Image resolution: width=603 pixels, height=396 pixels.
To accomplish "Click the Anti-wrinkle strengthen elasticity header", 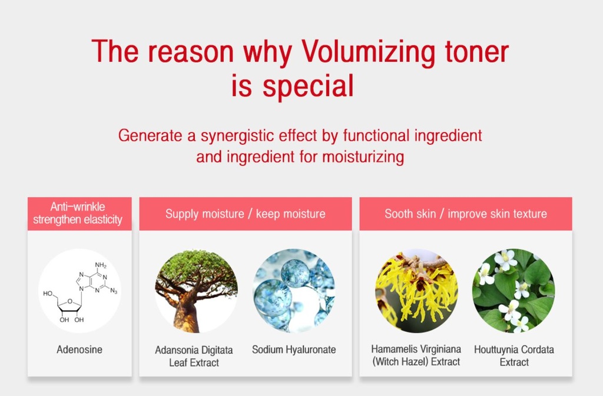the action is [78, 213].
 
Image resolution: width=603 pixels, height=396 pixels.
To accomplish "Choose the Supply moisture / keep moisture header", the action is [246, 214].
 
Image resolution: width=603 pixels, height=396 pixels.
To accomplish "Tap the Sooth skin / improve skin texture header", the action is [466, 214].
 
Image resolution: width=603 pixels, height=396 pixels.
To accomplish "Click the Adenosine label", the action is [79, 350].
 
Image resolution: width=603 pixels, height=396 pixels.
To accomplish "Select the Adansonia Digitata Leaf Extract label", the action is [194, 356].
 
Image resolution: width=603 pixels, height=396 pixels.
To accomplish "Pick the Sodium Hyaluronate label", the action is [294, 350].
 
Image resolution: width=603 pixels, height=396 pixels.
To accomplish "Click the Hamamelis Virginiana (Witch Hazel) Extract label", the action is [416, 355].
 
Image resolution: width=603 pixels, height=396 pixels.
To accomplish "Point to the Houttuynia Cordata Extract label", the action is [514, 355].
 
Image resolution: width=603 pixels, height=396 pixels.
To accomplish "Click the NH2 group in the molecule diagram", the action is [101, 265].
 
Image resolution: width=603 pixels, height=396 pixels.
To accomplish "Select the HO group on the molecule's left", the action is [48, 294].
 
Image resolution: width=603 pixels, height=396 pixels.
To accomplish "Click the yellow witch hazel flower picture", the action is [416, 291].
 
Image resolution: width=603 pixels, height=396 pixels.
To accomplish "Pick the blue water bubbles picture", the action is [294, 291].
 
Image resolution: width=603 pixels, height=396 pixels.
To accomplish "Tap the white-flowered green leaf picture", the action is [513, 291].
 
